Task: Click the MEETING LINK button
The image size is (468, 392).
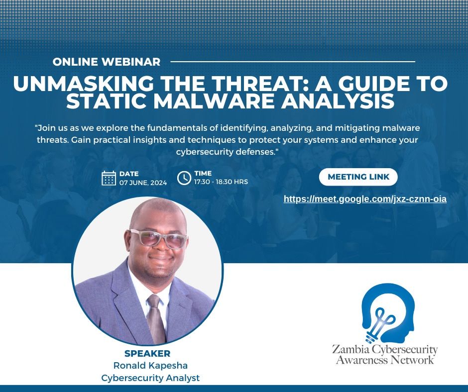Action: (358, 177)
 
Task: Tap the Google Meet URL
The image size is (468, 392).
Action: (365, 199)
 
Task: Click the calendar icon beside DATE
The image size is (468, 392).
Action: (109, 178)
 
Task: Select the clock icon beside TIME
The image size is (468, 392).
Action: (184, 178)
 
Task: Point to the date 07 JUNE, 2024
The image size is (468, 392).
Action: (143, 183)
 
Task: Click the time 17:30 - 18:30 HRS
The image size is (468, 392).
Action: (221, 182)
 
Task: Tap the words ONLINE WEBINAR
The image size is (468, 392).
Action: (107, 62)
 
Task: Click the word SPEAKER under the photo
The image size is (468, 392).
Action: (147, 354)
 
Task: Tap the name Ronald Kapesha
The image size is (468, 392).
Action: (150, 366)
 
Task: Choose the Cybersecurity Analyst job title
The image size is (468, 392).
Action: (150, 378)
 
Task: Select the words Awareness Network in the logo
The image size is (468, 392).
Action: (385, 360)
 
